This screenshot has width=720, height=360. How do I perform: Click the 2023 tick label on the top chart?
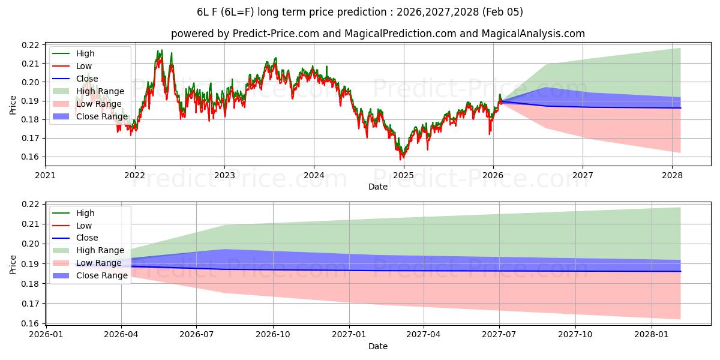[224, 175]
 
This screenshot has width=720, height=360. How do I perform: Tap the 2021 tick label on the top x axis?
[46, 175]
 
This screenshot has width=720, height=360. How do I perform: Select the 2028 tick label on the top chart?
[672, 175]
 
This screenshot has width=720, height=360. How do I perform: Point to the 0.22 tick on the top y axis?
[31, 45]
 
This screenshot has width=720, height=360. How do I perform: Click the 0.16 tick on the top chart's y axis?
[31, 157]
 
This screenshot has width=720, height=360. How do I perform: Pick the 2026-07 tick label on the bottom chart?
[197, 335]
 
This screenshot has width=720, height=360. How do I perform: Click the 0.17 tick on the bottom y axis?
[31, 304]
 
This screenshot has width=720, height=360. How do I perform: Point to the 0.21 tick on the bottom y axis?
[31, 224]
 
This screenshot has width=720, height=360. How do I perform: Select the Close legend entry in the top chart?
[87, 79]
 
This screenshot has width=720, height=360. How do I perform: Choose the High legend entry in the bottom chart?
[85, 213]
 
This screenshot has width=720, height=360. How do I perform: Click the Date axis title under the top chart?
[378, 187]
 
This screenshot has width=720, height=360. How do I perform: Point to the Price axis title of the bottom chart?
[13, 264]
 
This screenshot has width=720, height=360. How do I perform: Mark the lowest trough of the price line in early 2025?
[401, 159]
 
